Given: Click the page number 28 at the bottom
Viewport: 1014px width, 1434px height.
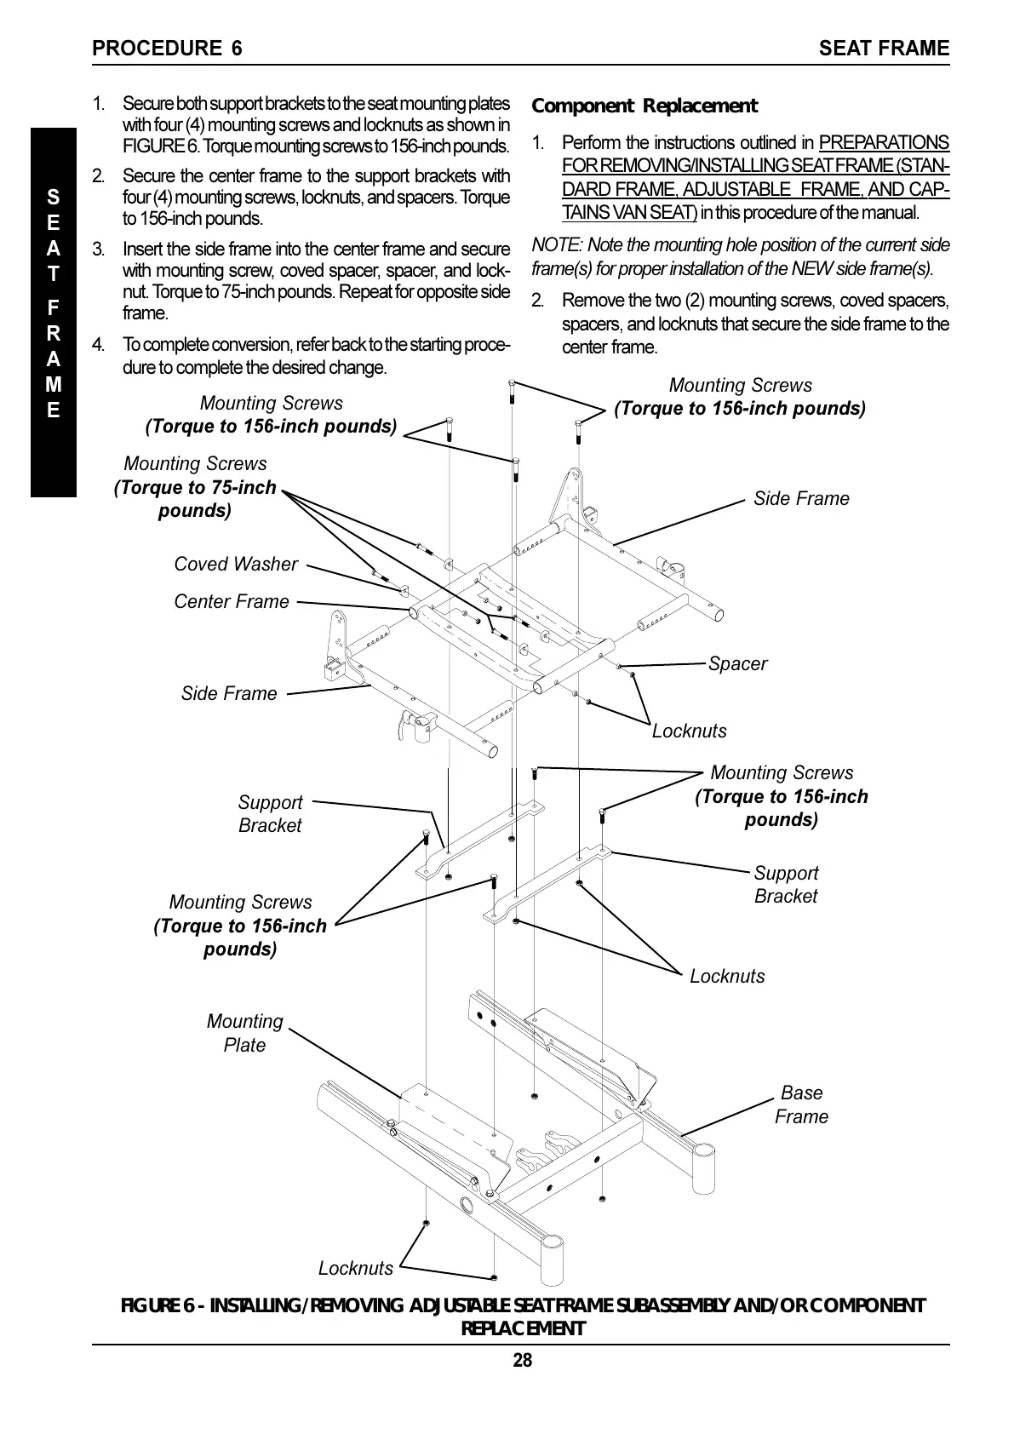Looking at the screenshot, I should point(522,1360).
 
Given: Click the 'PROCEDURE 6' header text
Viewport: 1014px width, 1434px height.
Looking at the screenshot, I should point(167,49).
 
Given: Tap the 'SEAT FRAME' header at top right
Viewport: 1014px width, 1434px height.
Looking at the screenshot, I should point(884,49).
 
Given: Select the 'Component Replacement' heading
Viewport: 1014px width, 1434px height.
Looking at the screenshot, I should point(644,106).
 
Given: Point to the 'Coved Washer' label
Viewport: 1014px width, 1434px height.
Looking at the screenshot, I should point(236,564).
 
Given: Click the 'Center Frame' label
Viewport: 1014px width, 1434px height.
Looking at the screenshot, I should point(232,601).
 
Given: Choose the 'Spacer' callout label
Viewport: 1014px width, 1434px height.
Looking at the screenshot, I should point(737,663).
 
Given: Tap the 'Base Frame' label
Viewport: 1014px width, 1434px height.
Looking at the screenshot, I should point(801,1104).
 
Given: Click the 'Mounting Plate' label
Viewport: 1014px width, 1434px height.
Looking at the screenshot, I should point(244,1033).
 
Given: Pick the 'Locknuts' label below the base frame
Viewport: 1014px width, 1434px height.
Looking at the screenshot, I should point(356,1268).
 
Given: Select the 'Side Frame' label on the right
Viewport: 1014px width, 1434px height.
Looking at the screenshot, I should point(801,498).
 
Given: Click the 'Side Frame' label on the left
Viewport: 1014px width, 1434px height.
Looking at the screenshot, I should point(229,693).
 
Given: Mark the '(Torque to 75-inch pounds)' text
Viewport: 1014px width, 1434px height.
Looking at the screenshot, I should point(195,499).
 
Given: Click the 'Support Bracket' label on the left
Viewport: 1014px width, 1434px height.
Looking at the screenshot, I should point(270,813).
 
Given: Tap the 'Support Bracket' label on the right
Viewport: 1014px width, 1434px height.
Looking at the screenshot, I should point(786,884).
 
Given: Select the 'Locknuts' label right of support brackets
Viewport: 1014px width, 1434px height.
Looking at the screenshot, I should point(727,976).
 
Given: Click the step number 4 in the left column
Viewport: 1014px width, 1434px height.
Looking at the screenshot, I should point(99,345).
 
